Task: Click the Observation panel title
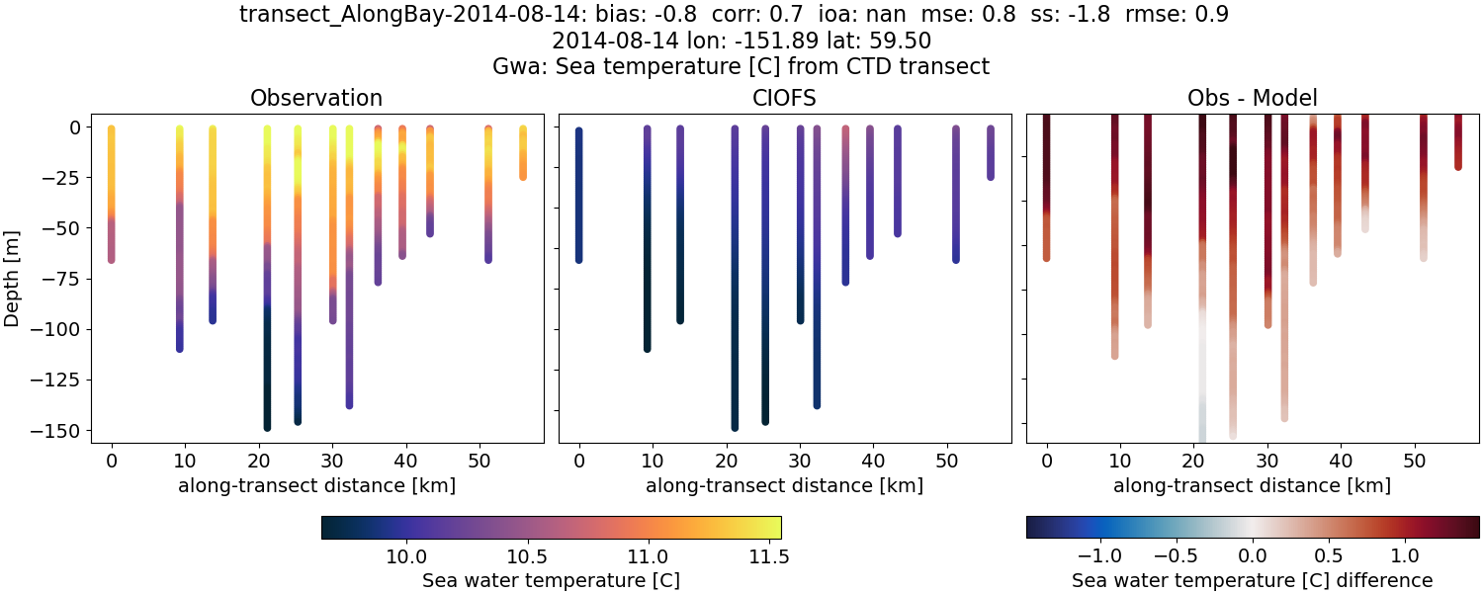[x=316, y=98]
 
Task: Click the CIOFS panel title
[x=785, y=98]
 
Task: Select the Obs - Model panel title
[x=1253, y=98]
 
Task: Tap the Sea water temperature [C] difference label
[x=1253, y=579]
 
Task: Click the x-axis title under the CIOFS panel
[x=785, y=485]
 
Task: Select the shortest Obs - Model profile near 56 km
[x=1458, y=143]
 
